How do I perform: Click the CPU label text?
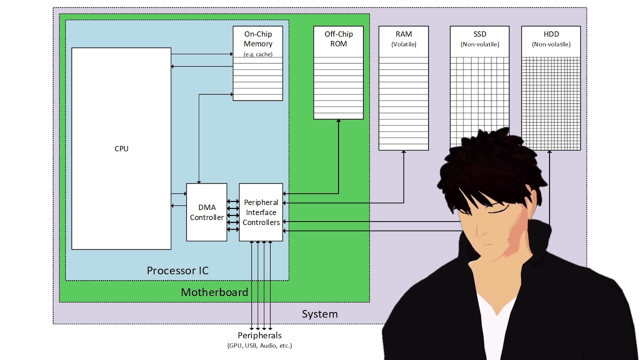pyautogui.click(x=121, y=148)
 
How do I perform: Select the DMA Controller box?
pyautogui.click(x=206, y=212)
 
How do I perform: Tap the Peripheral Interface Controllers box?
pyautogui.click(x=261, y=212)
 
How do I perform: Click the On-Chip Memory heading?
pyautogui.click(x=258, y=39)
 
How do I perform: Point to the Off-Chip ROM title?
pyautogui.click(x=338, y=39)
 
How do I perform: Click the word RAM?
pyautogui.click(x=403, y=34)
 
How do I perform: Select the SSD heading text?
pyautogui.click(x=479, y=34)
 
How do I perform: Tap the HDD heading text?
pyautogui.click(x=551, y=34)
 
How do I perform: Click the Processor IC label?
pyautogui.click(x=177, y=270)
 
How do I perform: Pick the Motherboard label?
pyautogui.click(x=214, y=292)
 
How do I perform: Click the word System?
pyautogui.click(x=320, y=314)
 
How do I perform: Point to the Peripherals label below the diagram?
pyautogui.click(x=259, y=335)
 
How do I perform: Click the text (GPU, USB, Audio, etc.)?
pyautogui.click(x=259, y=345)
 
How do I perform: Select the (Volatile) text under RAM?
pyautogui.click(x=403, y=44)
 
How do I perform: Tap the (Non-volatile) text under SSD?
pyautogui.click(x=479, y=44)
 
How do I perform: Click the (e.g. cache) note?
pyautogui.click(x=258, y=54)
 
